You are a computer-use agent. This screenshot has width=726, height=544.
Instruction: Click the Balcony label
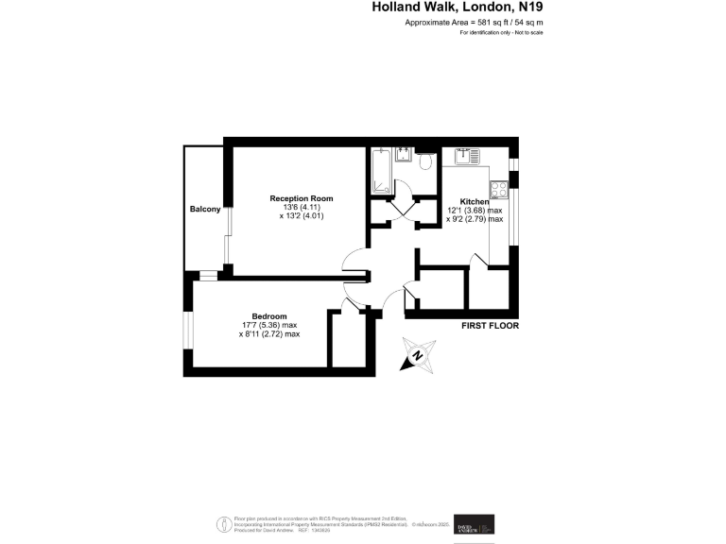(205, 209)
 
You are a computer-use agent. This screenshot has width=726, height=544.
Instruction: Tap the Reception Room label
(301, 197)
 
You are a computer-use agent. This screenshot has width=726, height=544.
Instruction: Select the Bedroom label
(269, 316)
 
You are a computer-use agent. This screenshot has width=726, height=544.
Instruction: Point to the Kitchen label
(475, 202)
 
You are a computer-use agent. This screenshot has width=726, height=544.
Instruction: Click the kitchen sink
(467, 155)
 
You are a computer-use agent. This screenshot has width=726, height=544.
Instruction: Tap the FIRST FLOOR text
(490, 326)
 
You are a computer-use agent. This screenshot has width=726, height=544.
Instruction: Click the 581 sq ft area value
(476, 21)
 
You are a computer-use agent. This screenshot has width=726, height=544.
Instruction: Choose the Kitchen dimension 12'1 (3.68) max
(475, 211)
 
